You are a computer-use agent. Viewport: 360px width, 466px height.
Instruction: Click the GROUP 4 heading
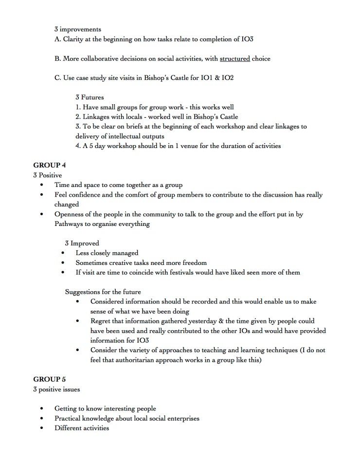point(50,165)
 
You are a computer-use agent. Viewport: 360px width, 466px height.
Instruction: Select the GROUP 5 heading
point(50,379)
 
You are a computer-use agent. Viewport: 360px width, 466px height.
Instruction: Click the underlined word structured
point(234,58)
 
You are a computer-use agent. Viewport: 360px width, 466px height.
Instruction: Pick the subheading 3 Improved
point(82,243)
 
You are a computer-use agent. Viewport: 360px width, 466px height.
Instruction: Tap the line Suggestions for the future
point(103,292)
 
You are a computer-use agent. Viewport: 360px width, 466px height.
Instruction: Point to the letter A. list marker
point(57,39)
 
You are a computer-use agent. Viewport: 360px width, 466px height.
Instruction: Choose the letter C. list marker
point(57,78)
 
